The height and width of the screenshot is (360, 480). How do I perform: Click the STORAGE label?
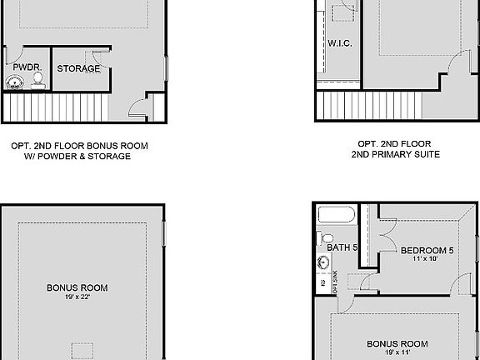(79, 68)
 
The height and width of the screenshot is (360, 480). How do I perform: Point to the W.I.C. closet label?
(337, 43)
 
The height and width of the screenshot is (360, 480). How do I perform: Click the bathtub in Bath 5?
(337, 216)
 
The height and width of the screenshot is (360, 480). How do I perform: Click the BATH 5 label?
(342, 247)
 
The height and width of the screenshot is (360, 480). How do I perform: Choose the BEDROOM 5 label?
(427, 250)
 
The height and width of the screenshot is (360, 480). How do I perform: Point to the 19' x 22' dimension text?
(77, 297)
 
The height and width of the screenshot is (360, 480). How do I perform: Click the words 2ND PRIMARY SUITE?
(395, 154)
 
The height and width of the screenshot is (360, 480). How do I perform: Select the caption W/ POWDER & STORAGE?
(80, 156)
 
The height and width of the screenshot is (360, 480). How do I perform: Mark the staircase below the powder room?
(55, 107)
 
